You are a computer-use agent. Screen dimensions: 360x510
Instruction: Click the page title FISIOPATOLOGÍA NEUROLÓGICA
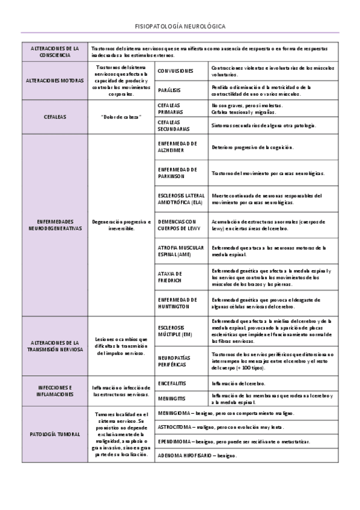point(180,27)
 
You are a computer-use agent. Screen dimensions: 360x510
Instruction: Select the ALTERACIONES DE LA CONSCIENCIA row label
point(55,51)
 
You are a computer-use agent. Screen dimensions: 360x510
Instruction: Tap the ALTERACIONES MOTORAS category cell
point(55,80)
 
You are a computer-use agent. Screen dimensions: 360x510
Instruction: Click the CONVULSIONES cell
point(175,71)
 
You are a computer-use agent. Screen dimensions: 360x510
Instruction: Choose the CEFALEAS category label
point(55,117)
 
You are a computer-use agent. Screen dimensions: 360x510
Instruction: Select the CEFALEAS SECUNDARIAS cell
point(174,125)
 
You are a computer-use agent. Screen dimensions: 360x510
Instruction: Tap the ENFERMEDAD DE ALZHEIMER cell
point(177,147)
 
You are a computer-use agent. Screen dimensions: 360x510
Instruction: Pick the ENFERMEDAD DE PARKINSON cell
point(177,173)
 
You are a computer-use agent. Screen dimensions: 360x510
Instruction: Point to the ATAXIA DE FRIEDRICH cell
point(171,277)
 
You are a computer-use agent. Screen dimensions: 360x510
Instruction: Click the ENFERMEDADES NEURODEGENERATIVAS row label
point(55,225)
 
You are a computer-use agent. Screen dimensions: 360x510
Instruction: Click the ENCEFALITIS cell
point(172,382)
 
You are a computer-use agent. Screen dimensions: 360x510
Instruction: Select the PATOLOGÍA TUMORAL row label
point(55,434)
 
